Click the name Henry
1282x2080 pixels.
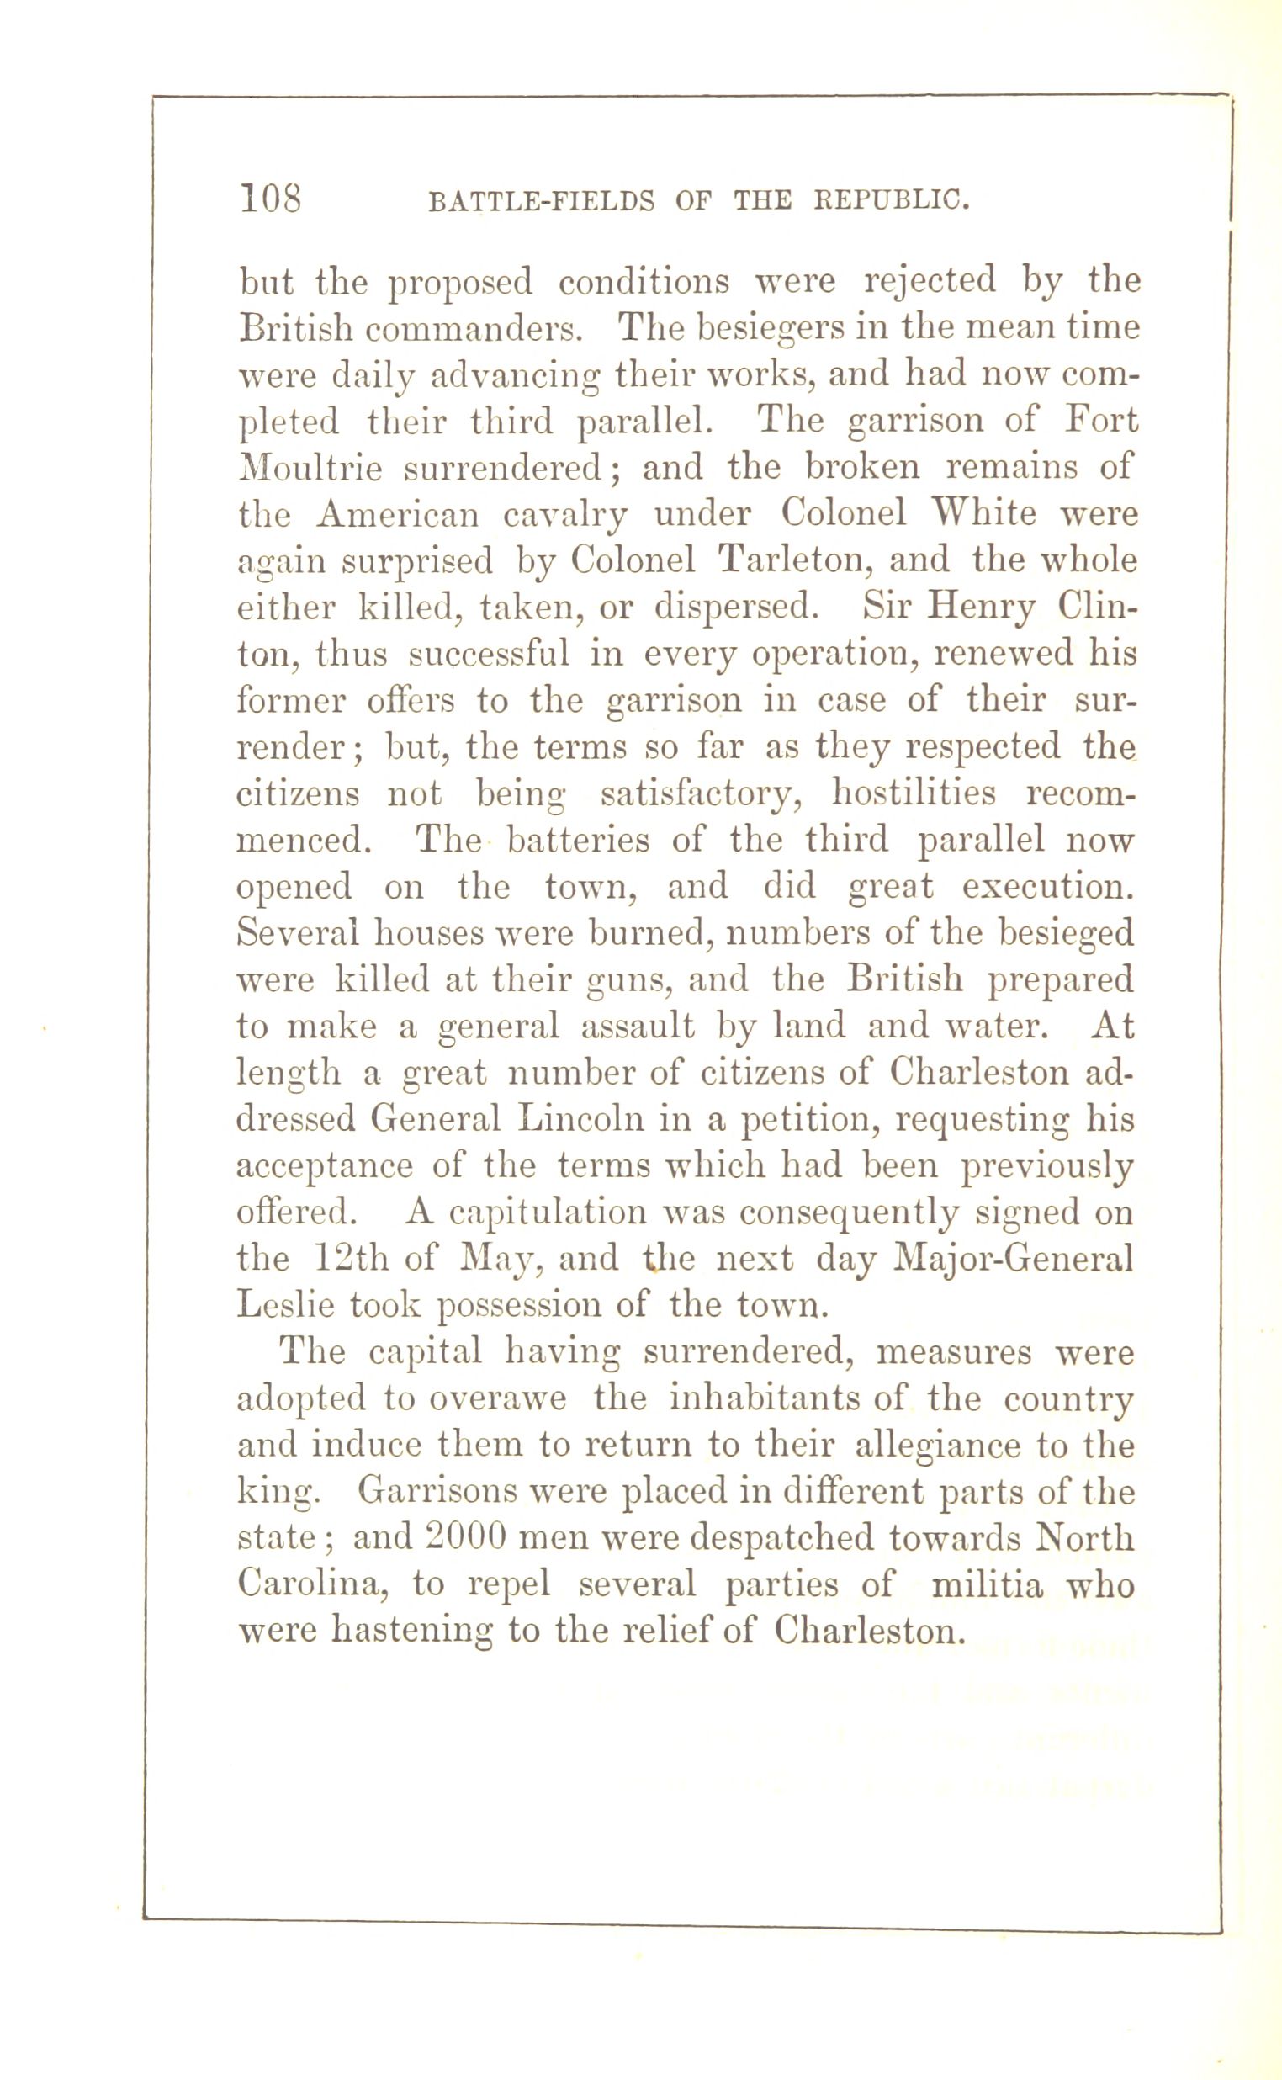[982, 608]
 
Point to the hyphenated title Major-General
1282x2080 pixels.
[1014, 1258]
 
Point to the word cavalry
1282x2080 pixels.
[564, 516]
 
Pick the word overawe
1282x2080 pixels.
[497, 1398]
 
